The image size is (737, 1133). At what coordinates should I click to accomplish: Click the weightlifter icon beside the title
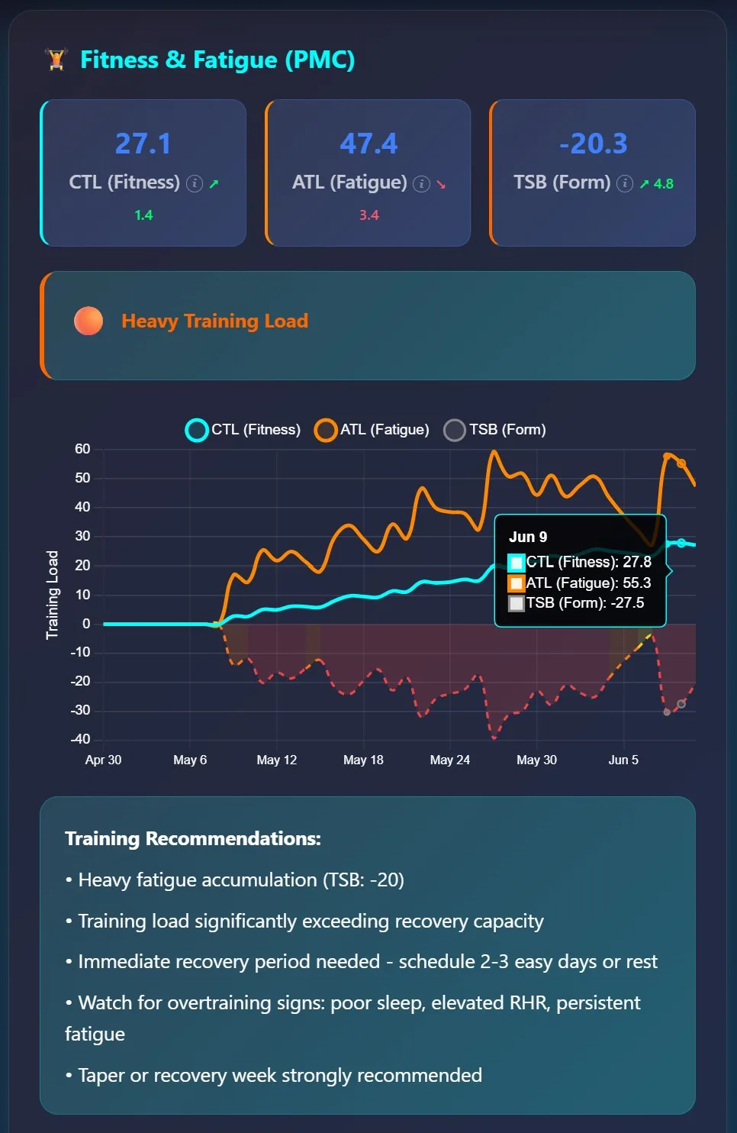click(x=56, y=60)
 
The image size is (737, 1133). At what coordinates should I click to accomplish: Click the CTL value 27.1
click(x=143, y=143)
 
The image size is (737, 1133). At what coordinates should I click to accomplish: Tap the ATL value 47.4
click(x=368, y=143)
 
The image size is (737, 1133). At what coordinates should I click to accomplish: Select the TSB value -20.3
click(x=593, y=143)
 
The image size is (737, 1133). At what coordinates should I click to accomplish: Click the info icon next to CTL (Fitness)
click(x=194, y=183)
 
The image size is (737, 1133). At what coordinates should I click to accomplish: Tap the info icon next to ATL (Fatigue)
click(x=421, y=183)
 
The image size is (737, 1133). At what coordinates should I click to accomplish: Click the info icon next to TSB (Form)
click(x=625, y=183)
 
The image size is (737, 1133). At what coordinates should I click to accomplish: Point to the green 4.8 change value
click(x=663, y=183)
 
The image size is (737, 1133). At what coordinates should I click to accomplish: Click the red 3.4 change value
click(x=369, y=215)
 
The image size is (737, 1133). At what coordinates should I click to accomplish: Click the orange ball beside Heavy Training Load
click(x=89, y=321)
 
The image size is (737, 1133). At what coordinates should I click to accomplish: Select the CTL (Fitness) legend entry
click(x=243, y=430)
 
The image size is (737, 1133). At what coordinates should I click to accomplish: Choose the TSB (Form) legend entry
click(x=495, y=430)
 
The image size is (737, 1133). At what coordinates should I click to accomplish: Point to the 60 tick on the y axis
click(x=82, y=449)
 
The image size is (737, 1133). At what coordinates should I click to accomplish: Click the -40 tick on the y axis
click(x=80, y=739)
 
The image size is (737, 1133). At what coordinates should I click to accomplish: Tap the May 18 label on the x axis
click(x=363, y=760)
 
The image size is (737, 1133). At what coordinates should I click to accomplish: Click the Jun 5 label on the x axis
click(x=623, y=760)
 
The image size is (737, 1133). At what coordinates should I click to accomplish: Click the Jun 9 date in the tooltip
click(x=528, y=537)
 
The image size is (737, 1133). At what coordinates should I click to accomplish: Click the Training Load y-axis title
click(x=52, y=595)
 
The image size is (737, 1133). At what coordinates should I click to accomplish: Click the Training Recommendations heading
click(x=192, y=838)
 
